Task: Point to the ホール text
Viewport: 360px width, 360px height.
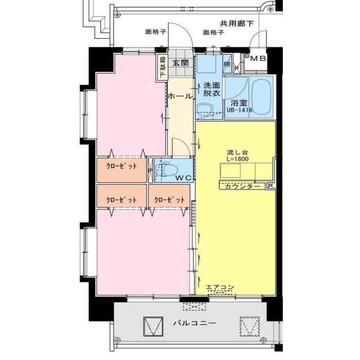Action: tap(180, 96)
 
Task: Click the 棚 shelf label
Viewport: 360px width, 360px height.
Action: tap(227, 65)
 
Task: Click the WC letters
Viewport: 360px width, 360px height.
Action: tap(183, 178)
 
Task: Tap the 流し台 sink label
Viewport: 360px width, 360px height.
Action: tap(236, 152)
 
